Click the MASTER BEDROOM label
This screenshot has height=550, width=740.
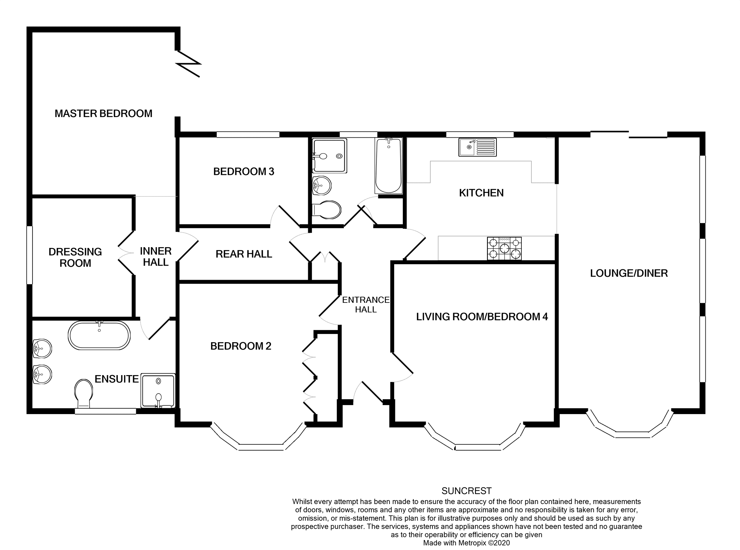pyautogui.click(x=103, y=113)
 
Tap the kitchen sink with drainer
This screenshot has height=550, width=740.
pyautogui.click(x=477, y=147)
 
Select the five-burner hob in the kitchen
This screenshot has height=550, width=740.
pyautogui.click(x=504, y=248)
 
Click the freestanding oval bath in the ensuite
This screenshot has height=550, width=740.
pyautogui.click(x=99, y=335)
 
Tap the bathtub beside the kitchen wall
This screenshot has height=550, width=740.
pyautogui.click(x=389, y=166)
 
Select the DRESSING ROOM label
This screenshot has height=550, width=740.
pyautogui.click(x=75, y=257)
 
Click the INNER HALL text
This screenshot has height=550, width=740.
pyautogui.click(x=156, y=257)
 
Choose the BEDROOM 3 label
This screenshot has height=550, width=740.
pyautogui.click(x=244, y=171)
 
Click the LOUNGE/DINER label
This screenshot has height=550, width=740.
pyautogui.click(x=629, y=273)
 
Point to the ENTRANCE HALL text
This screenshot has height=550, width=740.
pyautogui.click(x=366, y=305)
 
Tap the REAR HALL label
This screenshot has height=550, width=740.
pyautogui.click(x=244, y=254)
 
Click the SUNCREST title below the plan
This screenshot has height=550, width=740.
pyautogui.click(x=466, y=491)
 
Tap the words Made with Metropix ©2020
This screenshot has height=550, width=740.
pyautogui.click(x=466, y=543)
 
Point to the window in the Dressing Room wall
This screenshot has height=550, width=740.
pyautogui.click(x=30, y=255)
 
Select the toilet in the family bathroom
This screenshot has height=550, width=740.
pyautogui.click(x=327, y=210)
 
